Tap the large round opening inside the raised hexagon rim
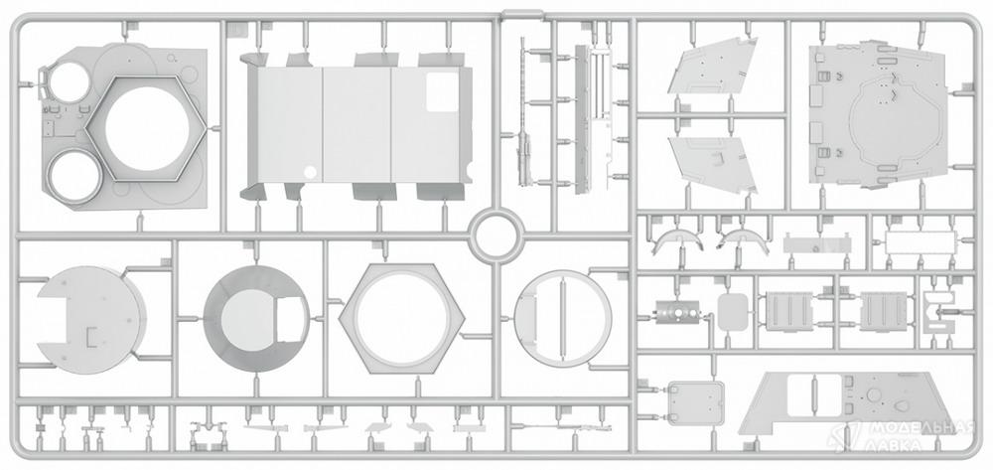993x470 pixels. point(146,128)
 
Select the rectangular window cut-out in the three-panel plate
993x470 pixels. point(443,92)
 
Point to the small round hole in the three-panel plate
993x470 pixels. point(310,172)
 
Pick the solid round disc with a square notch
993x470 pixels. point(90,320)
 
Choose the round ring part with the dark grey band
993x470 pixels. point(256,319)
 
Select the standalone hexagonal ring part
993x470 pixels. point(401,319)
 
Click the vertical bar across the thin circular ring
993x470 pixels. point(561,318)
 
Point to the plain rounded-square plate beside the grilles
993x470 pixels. point(734,312)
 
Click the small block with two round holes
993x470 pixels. point(677,312)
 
